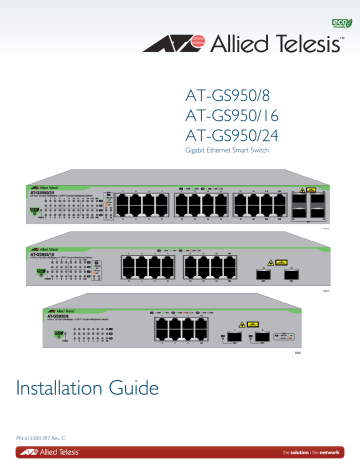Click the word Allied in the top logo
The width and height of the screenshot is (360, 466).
point(239,43)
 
